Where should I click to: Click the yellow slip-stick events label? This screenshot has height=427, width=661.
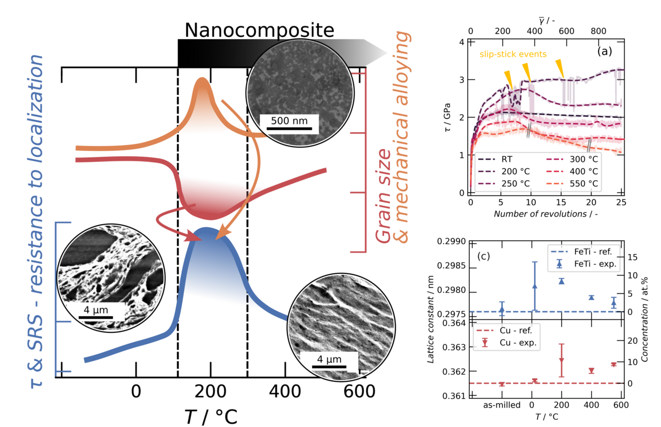513,54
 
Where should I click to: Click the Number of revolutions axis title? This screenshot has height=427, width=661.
545,213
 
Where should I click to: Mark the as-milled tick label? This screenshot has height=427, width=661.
502,406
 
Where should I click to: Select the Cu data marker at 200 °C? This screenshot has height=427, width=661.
561,360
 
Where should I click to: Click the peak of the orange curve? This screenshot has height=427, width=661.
202,80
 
